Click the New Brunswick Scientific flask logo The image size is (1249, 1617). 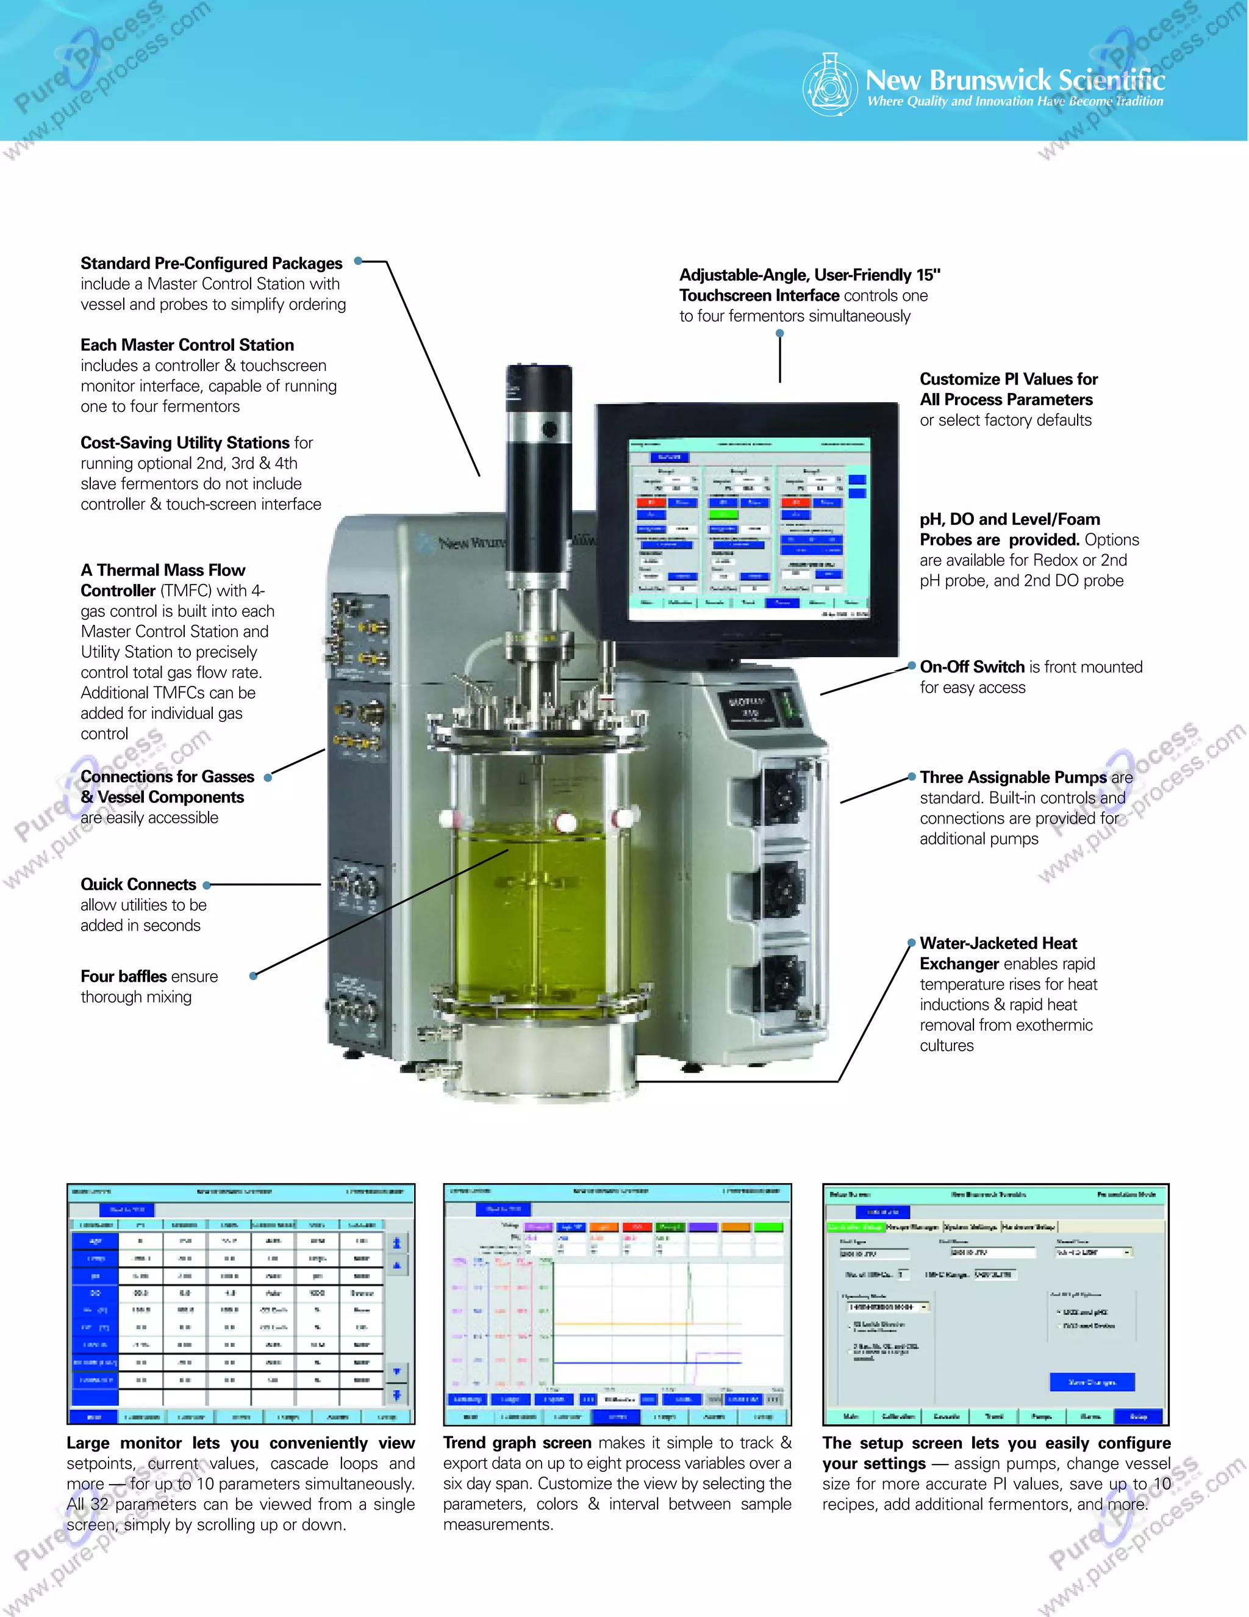(829, 85)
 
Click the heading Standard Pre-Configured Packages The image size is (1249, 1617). (211, 264)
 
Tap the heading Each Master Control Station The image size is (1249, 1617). (187, 345)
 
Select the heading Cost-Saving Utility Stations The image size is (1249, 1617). (184, 443)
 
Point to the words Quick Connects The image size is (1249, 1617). (138, 885)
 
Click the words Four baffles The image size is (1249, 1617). (124, 976)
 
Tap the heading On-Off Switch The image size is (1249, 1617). (972, 667)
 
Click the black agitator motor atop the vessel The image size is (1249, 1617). (539, 474)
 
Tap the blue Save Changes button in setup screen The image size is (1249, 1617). (1092, 1381)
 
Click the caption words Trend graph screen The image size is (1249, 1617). (517, 1443)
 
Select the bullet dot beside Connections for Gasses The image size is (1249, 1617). (268, 777)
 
